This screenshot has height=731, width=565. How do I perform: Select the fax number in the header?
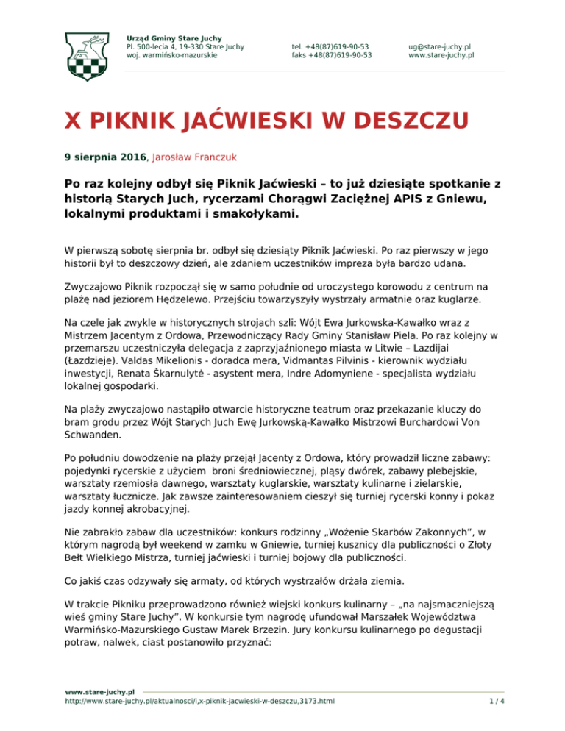tap(331, 54)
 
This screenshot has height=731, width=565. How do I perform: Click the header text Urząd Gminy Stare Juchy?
tap(174, 38)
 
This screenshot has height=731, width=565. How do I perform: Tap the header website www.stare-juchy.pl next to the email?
tap(441, 54)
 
